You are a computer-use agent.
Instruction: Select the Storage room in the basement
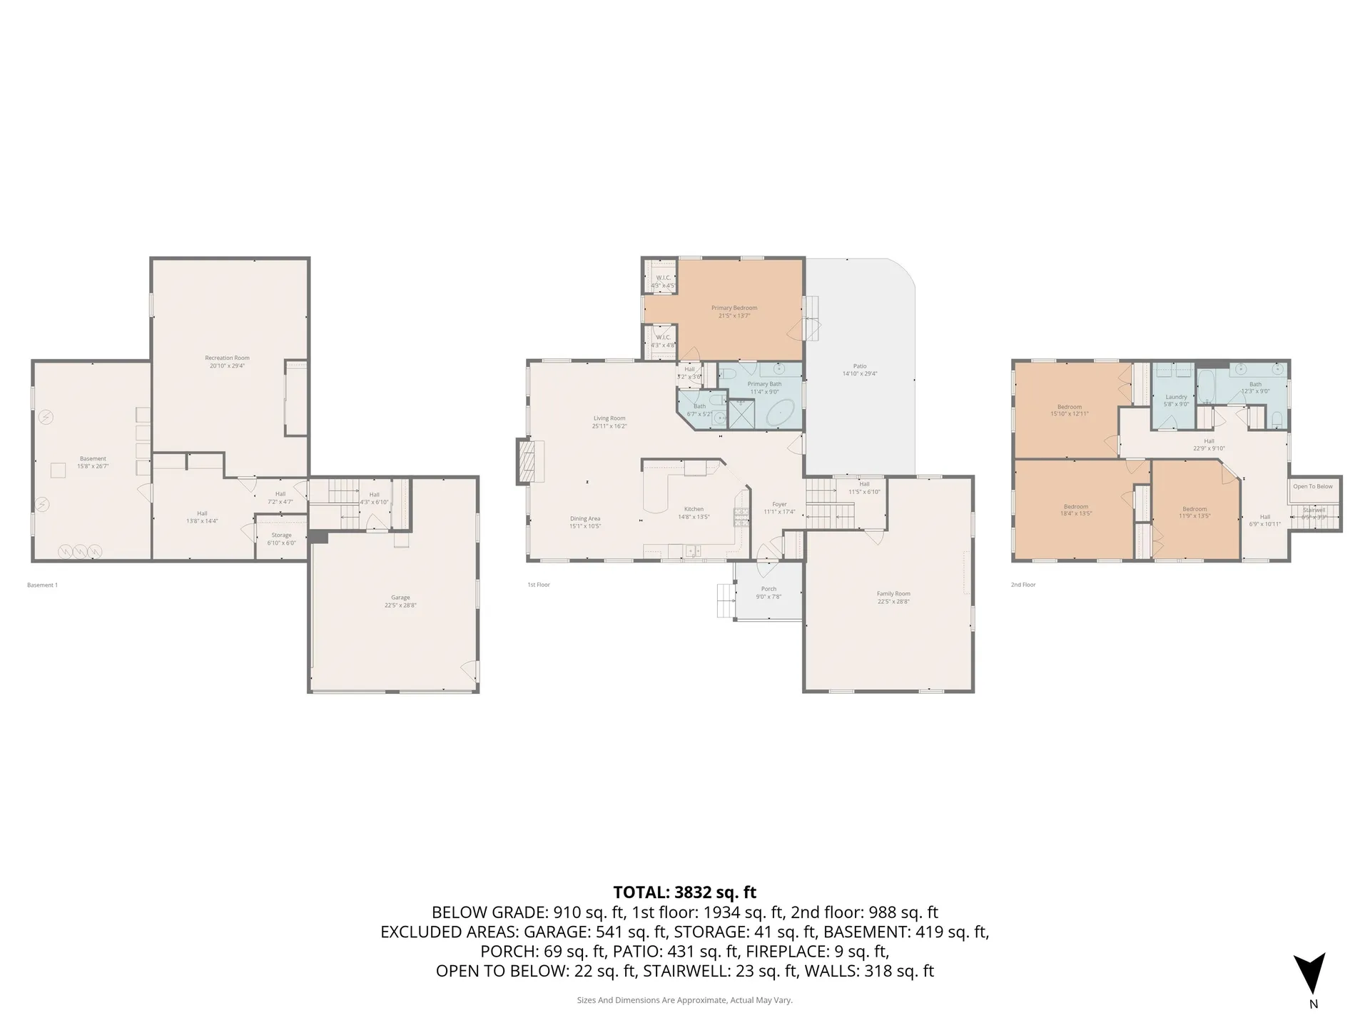(281, 538)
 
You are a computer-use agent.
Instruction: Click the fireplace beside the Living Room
(525, 462)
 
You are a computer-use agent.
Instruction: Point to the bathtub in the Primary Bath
(779, 413)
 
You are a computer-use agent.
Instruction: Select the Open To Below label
(1313, 487)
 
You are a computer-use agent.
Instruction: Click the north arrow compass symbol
(1309, 974)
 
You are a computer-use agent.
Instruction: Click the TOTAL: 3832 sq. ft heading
(684, 892)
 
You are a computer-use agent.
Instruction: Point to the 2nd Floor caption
(1023, 585)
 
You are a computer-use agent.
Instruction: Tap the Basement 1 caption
(42, 585)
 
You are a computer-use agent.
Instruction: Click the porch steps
(726, 600)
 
